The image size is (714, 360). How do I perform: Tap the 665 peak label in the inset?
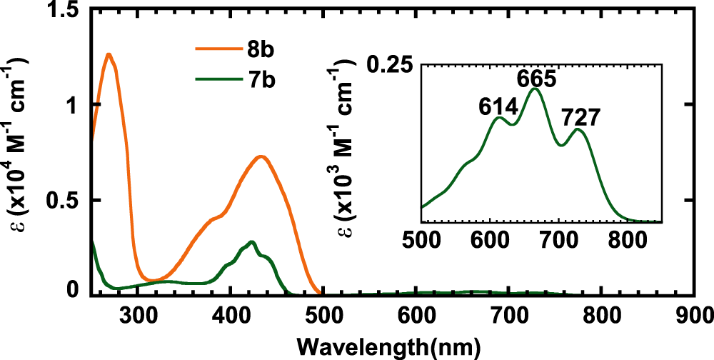534,78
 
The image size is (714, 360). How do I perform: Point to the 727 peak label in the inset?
580,116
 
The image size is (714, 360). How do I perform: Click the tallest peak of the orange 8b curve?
109,54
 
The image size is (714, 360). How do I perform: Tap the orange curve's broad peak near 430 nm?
261,156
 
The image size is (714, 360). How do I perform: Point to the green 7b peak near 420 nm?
251,242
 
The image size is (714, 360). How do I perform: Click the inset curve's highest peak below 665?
534,89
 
